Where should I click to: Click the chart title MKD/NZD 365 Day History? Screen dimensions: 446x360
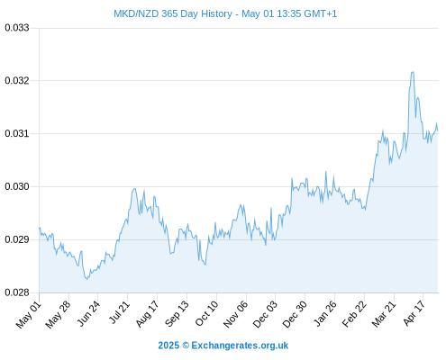click(173, 13)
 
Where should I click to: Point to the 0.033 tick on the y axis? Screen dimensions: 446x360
click(17, 28)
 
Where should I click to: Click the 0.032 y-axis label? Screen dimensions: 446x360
click(17, 81)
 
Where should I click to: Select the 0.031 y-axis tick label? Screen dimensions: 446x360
click(17, 133)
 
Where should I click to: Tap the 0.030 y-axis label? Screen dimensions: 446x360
click(17, 186)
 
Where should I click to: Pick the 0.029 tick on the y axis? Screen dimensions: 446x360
click(17, 239)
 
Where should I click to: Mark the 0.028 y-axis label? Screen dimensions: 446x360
click(17, 292)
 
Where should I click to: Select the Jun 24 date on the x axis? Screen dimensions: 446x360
click(88, 313)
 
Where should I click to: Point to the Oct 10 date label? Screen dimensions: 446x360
click(206, 313)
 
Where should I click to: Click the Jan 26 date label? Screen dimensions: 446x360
click(324, 313)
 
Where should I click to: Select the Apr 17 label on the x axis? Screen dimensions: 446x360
click(414, 313)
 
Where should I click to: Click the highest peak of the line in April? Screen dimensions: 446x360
click(413, 72)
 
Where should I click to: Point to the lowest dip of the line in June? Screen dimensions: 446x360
click(86, 279)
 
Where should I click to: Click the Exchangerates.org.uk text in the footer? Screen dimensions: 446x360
click(240, 346)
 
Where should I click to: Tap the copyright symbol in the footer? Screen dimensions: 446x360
click(186, 346)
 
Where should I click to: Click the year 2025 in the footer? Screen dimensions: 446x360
click(168, 346)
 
